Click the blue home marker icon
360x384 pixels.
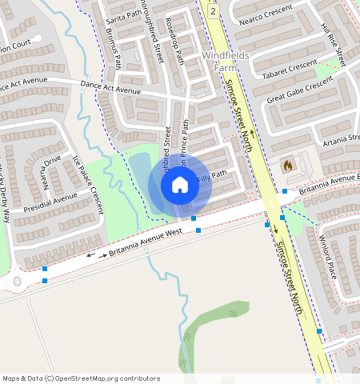coord(180,186)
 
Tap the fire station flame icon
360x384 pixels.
coord(287,165)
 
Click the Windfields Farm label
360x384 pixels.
coord(226,62)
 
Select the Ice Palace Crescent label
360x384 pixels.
coord(89,185)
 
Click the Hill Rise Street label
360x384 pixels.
coord(332,44)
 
